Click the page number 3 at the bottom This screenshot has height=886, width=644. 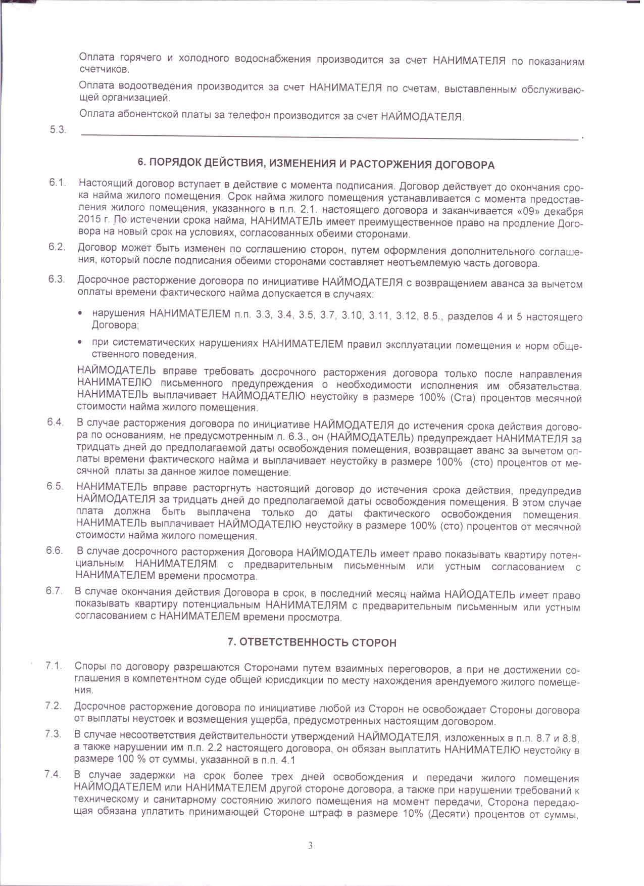[310, 845]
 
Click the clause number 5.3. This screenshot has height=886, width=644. [58, 129]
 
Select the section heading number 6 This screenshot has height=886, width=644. [141, 162]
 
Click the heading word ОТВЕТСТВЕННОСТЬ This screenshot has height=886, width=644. [292, 642]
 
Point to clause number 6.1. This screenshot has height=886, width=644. [58, 182]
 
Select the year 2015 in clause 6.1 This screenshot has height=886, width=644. [89, 219]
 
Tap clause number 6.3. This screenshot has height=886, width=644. [57, 279]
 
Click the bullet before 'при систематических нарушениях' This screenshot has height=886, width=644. [80, 343]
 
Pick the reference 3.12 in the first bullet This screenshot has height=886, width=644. [407, 316]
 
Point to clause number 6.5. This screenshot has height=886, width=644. [55, 486]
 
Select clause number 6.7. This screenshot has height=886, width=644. [54, 591]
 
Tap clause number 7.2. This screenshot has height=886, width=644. [53, 706]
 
